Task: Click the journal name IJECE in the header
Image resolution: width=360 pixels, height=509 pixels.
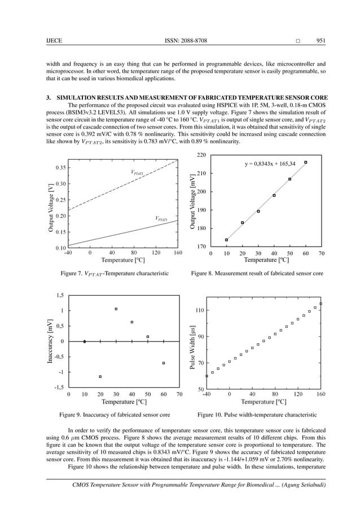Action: pyautogui.click(x=54, y=40)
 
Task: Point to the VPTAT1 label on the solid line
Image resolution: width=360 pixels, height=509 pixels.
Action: pyautogui.click(x=162, y=218)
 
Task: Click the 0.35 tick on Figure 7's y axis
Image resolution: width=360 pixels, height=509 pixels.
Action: pyautogui.click(x=59, y=168)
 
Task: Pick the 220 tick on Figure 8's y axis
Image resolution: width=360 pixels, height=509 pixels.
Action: pyautogui.click(x=200, y=155)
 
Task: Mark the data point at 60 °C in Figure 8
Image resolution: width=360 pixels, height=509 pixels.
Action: pyautogui.click(x=306, y=163)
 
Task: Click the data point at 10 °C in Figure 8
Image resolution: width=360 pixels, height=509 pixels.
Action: pyautogui.click(x=227, y=240)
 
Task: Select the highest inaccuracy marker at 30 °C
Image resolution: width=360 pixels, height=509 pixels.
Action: pyautogui.click(x=116, y=309)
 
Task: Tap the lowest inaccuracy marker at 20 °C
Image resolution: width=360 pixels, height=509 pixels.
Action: pyautogui.click(x=100, y=376)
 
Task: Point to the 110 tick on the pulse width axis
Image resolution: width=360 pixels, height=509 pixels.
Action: pyautogui.click(x=199, y=310)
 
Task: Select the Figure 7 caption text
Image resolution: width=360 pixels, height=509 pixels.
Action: pyautogui.click(x=115, y=273)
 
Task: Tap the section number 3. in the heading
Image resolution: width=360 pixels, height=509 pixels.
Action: pyautogui.click(x=49, y=97)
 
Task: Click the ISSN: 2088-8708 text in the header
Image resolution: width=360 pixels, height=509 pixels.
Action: pyautogui.click(x=186, y=40)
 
